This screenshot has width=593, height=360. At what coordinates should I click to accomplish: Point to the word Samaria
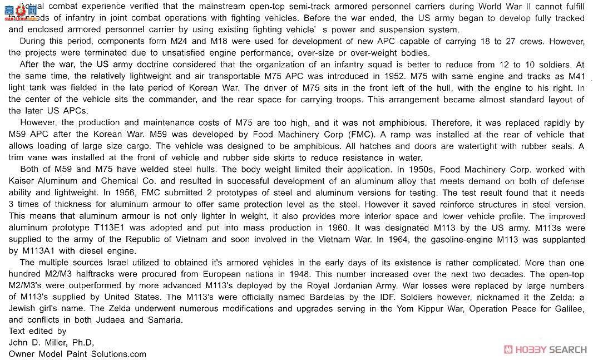click(165, 320)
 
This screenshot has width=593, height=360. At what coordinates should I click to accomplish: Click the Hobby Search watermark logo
click(545, 349)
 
